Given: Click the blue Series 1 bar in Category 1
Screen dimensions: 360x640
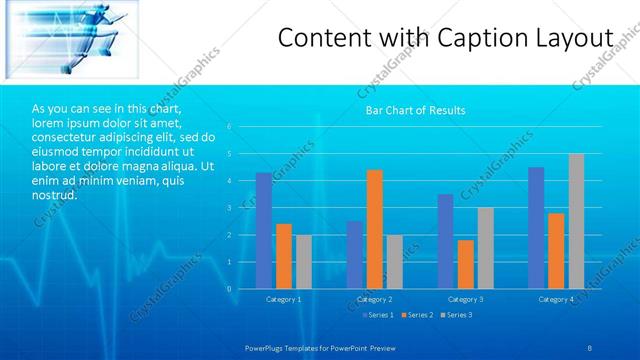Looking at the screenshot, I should pyautogui.click(x=264, y=231).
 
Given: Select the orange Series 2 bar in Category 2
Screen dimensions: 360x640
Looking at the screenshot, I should pyautogui.click(x=375, y=229).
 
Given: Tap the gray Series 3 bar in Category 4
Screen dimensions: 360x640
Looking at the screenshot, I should pyautogui.click(x=576, y=221).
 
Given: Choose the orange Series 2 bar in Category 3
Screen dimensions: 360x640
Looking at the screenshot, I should pyautogui.click(x=466, y=264).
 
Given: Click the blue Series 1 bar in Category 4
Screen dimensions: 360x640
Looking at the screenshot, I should pyautogui.click(x=536, y=228).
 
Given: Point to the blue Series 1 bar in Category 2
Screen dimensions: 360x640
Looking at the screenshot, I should pyautogui.click(x=355, y=255).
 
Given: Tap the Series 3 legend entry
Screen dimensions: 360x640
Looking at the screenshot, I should pyautogui.click(x=455, y=315).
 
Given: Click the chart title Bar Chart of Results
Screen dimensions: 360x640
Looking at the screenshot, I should pyautogui.click(x=414, y=110).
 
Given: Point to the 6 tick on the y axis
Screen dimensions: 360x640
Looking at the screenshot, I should pyautogui.click(x=230, y=127).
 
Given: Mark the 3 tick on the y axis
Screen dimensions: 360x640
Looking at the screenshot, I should pyautogui.click(x=230, y=208).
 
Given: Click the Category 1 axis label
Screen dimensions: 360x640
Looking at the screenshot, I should pyautogui.click(x=283, y=299).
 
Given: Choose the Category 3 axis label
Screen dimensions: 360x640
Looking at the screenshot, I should pyautogui.click(x=465, y=299).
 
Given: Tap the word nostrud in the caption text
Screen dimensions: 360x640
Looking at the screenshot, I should pyautogui.click(x=54, y=194).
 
